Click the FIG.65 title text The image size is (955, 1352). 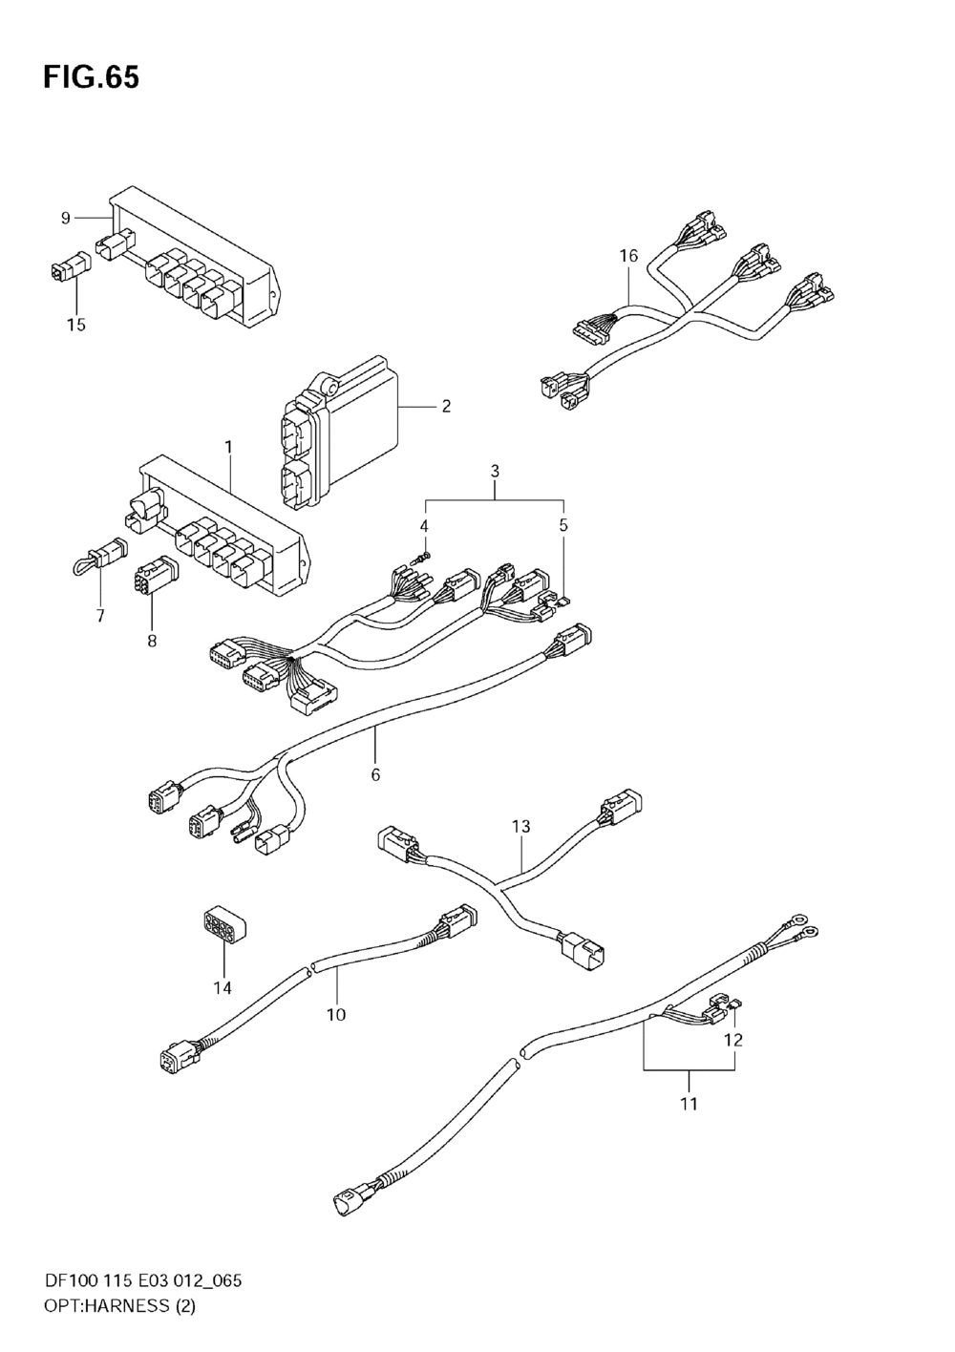pos(91,77)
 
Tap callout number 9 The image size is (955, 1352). pos(66,219)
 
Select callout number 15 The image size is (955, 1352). pos(76,325)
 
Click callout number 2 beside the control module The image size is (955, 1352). pos(446,407)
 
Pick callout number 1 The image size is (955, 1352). pos(228,446)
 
